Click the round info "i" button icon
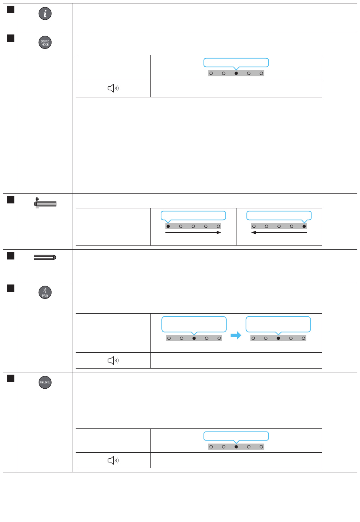(x=45, y=14)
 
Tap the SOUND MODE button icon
(x=45, y=42)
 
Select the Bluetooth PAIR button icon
(x=45, y=292)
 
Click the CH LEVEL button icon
(x=45, y=382)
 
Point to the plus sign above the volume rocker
(x=37, y=199)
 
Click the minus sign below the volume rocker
(x=37, y=208)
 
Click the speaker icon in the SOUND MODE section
(x=113, y=88)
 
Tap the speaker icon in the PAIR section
(x=113, y=360)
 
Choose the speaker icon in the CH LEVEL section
(x=113, y=460)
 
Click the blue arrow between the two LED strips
(x=236, y=335)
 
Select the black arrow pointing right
(x=193, y=232)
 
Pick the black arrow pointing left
(x=279, y=232)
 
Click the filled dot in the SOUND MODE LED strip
(x=236, y=73)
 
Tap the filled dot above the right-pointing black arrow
(x=168, y=226)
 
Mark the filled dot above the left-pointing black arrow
(x=304, y=226)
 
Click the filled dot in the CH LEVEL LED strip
(x=236, y=447)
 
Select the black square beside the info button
(x=11, y=9)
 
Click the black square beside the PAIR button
(x=11, y=288)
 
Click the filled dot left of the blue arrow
(x=194, y=338)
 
